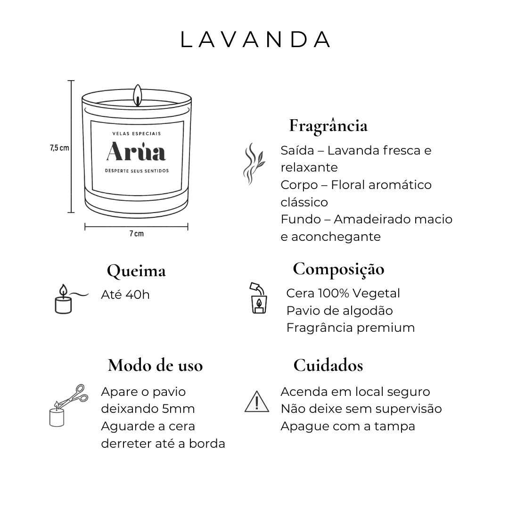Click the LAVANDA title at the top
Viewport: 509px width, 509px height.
click(x=255, y=40)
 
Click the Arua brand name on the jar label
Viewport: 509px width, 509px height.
click(x=136, y=151)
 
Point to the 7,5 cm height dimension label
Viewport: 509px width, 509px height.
click(x=59, y=148)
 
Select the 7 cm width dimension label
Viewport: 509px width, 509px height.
click(x=136, y=234)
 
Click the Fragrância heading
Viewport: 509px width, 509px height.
click(x=328, y=125)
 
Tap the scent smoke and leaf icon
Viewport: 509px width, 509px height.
click(x=254, y=164)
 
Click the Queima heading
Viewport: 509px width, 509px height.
click(x=136, y=271)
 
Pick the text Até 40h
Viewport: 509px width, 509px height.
click(x=125, y=295)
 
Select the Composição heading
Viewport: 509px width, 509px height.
click(x=338, y=270)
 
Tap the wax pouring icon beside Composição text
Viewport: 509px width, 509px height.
click(x=258, y=298)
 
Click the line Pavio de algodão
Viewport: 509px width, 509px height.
click(x=339, y=311)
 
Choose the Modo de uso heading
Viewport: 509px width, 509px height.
click(x=156, y=365)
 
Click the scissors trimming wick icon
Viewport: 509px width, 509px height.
click(x=69, y=405)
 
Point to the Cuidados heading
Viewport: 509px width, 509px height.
click(x=328, y=365)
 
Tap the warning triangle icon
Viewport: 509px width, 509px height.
click(x=257, y=402)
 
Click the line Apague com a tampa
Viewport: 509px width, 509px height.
click(x=348, y=426)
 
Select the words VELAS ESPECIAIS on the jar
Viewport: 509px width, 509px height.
click(x=136, y=133)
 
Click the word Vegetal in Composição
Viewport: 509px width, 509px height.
click(x=376, y=294)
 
